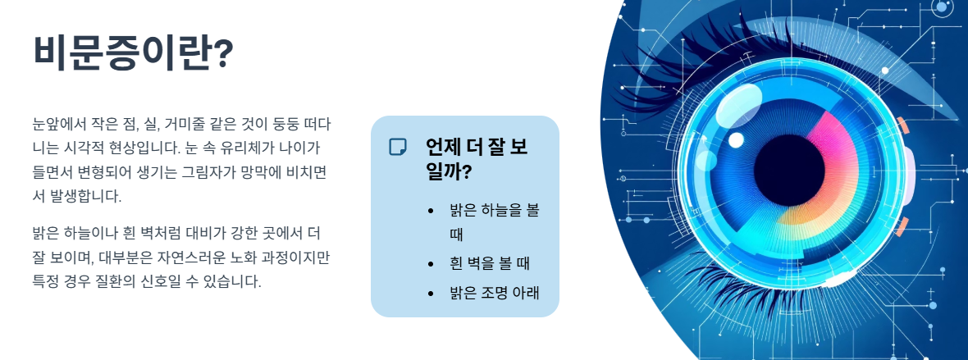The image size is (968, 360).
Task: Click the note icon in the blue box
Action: click(x=398, y=147)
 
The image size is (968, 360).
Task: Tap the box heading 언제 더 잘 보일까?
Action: click(x=476, y=159)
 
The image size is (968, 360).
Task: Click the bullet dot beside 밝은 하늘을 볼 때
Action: click(x=431, y=211)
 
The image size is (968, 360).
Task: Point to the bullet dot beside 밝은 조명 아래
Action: click(x=431, y=292)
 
